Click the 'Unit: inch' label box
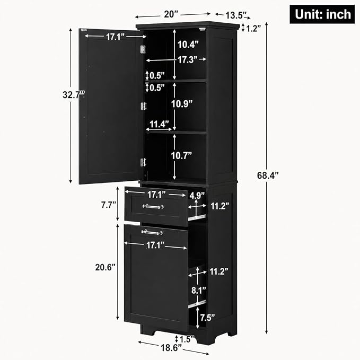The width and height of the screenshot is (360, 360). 322,14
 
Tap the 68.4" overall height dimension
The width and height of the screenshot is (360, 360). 268,175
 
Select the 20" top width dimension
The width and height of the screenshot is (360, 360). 171,14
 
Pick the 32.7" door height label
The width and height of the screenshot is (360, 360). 74,94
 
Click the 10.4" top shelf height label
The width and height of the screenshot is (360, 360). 188,45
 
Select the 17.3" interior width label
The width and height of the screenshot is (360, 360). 188,60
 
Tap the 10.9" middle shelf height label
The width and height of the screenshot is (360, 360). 182,104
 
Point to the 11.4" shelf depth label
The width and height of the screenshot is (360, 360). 159,124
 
